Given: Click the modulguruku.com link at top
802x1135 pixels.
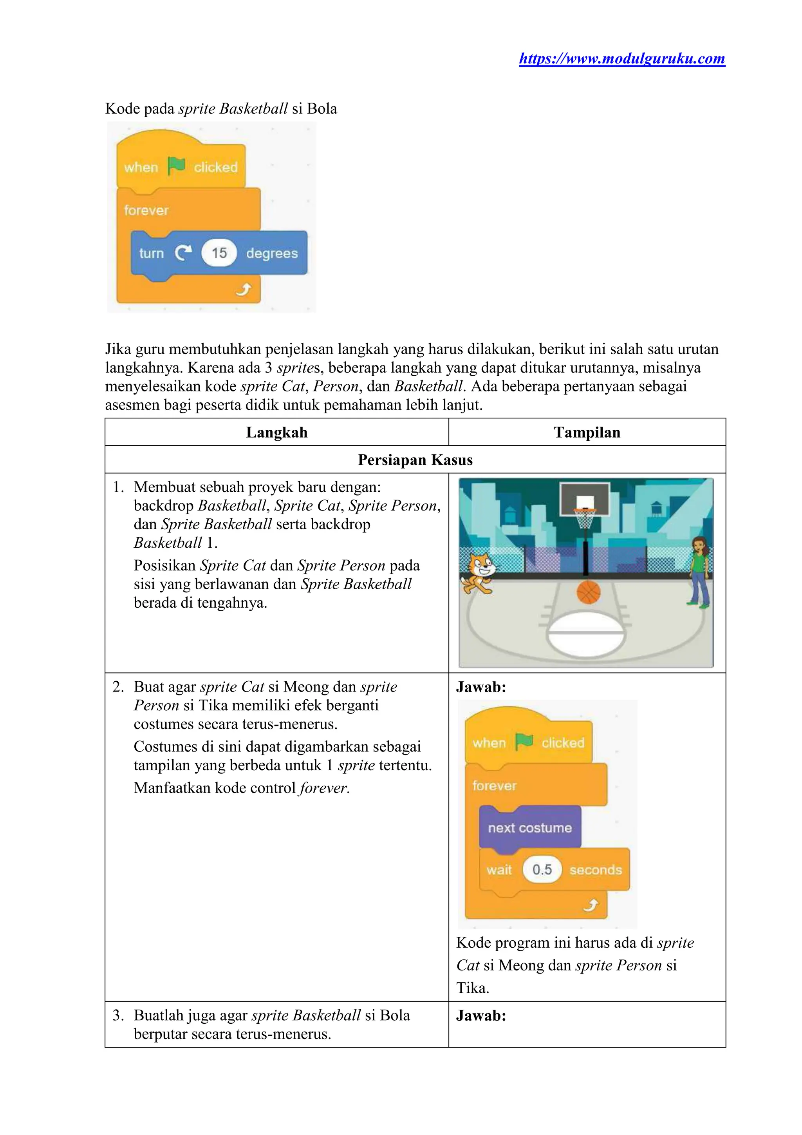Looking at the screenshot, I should tap(621, 59).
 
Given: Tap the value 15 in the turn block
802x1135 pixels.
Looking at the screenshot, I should tap(219, 253).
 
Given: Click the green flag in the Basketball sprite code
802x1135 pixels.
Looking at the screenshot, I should tap(176, 166).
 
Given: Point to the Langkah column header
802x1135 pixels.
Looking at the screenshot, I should tap(277, 432).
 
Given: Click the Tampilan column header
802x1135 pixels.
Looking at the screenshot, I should tap(587, 432).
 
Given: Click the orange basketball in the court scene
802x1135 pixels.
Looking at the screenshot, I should tap(588, 592).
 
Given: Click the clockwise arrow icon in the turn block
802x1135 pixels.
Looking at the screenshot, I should tap(183, 253).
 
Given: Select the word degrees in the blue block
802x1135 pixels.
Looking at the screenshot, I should tap(272, 253).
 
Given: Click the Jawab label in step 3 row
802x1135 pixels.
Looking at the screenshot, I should tap(481, 1016).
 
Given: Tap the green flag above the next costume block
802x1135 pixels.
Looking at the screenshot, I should tap(524, 742).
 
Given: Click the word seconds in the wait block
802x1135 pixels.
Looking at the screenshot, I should tap(596, 870).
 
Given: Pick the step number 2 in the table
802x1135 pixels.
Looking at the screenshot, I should tap(117, 687).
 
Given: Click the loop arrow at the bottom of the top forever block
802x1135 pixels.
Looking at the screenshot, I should tap(243, 290).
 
